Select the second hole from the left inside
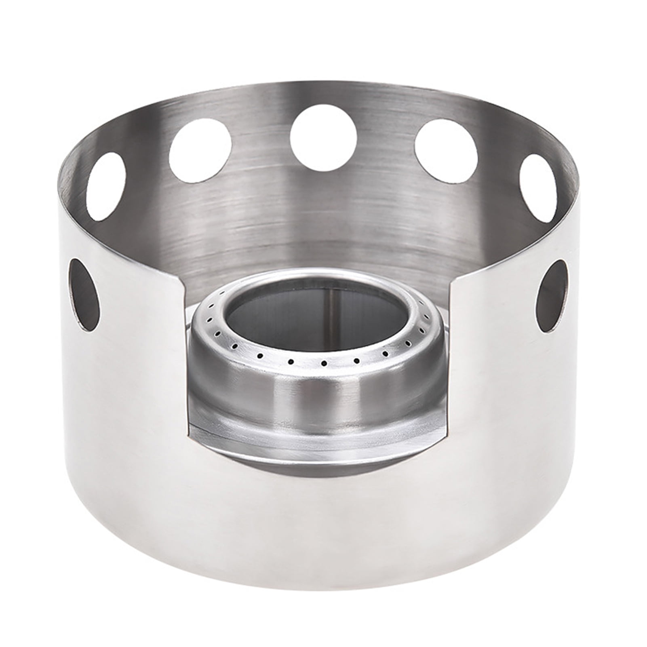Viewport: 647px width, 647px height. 200,149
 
